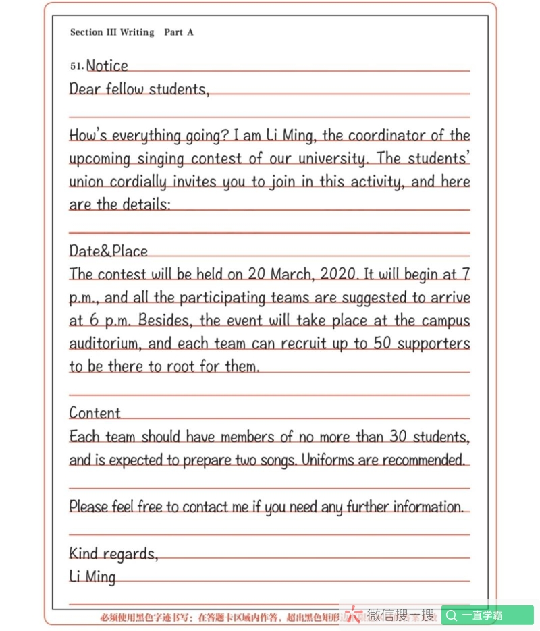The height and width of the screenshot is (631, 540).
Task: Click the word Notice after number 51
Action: tap(107, 65)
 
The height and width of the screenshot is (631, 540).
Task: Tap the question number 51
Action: tap(76, 66)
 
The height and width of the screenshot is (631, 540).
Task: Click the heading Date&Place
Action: tap(108, 251)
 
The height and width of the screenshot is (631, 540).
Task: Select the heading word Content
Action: tap(94, 413)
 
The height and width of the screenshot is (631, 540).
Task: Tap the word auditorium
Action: tap(105, 344)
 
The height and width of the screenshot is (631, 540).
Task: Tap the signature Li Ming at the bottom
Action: tap(92, 577)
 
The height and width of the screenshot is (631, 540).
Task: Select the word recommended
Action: tap(423, 460)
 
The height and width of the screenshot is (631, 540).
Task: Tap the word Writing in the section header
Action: tap(137, 32)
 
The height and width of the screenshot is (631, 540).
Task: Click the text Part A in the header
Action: tap(179, 32)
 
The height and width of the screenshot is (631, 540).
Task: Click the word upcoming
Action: tap(101, 159)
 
